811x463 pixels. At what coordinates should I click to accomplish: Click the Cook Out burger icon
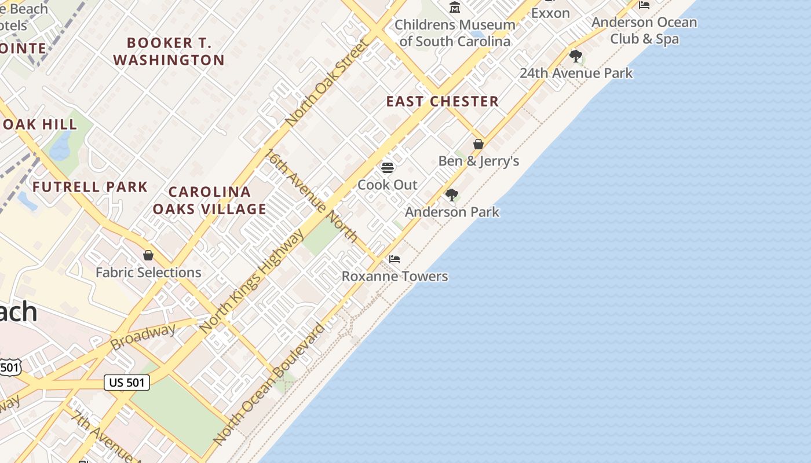click(x=388, y=168)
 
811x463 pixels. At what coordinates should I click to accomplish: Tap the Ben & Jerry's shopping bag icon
click(x=478, y=144)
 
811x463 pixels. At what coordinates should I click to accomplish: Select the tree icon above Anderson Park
click(x=451, y=195)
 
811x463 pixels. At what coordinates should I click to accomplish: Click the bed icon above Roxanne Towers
click(x=394, y=259)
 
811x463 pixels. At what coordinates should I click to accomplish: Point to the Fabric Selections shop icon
click(x=148, y=255)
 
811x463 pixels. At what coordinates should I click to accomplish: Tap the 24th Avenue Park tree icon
click(x=576, y=56)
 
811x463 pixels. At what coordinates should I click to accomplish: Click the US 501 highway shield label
click(x=127, y=382)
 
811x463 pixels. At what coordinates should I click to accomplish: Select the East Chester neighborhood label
click(x=443, y=102)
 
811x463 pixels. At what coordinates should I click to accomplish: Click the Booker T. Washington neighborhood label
click(x=169, y=52)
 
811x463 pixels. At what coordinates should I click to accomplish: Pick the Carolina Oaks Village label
click(x=210, y=200)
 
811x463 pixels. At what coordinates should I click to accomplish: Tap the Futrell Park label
click(x=90, y=187)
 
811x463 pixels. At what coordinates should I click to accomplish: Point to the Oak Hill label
click(x=39, y=124)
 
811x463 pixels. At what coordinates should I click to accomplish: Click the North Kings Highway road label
click(x=251, y=281)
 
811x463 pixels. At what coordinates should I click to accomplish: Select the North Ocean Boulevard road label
click(x=269, y=384)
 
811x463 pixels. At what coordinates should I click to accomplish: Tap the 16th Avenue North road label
click(x=312, y=195)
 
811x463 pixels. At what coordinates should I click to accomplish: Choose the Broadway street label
click(x=143, y=337)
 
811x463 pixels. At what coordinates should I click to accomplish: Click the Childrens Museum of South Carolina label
click(x=455, y=33)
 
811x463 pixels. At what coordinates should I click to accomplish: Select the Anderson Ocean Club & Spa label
click(x=644, y=31)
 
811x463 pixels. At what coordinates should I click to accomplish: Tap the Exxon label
click(x=550, y=13)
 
